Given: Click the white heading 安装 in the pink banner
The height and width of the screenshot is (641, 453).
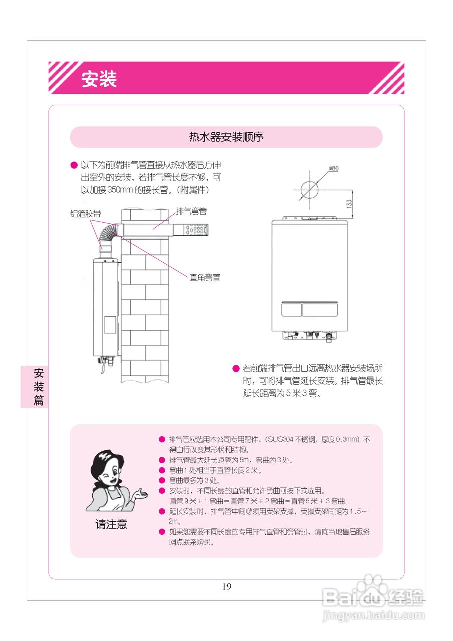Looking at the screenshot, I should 99,79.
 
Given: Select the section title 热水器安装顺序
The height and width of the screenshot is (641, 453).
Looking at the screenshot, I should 226,137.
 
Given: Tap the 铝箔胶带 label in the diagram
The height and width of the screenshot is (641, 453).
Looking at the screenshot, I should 85,213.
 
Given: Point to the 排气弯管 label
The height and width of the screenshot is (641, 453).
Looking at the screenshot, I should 191,211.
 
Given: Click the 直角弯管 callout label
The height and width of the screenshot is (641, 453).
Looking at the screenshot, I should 205,277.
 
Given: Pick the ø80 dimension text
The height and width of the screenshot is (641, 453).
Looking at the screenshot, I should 333,169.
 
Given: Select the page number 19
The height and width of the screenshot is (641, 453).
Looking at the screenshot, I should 226,587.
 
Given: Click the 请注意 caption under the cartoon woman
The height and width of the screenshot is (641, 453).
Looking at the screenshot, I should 111,524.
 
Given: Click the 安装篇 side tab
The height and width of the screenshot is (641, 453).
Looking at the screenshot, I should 39,386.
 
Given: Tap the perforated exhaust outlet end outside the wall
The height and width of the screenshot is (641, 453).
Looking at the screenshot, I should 198,230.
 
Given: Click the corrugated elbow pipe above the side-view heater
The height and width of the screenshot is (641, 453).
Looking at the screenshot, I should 108,235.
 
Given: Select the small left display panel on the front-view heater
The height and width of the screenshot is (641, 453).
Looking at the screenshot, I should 291,309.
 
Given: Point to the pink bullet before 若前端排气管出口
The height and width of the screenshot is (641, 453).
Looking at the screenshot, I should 235,369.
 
